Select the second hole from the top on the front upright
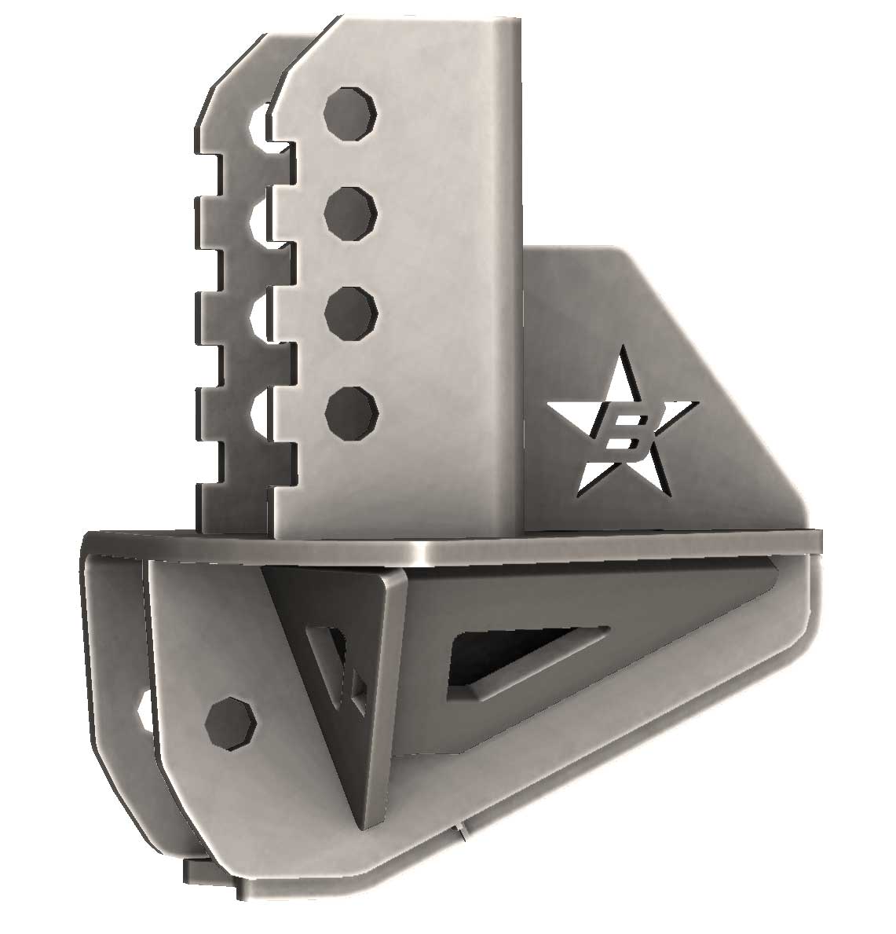click(x=351, y=209)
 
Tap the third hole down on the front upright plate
click(x=351, y=307)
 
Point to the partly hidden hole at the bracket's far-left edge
click(x=144, y=710)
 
